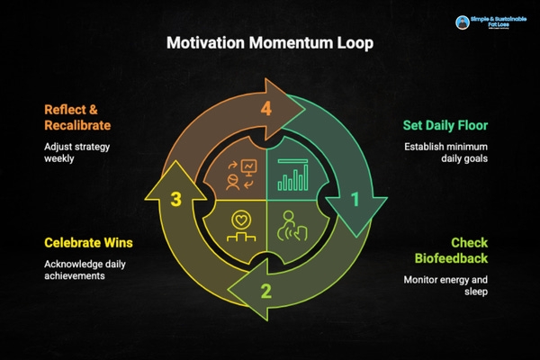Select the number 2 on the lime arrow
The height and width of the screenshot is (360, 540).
266,290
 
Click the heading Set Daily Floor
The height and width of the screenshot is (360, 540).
438,129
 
